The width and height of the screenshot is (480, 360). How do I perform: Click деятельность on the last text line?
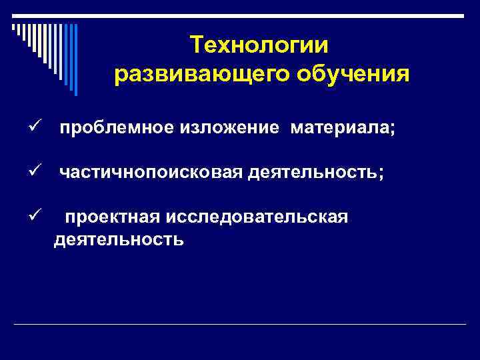119,239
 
